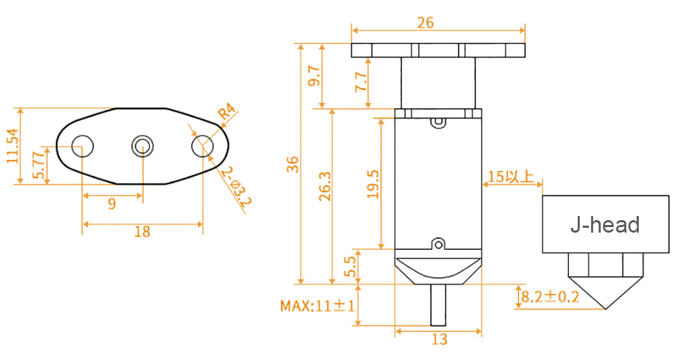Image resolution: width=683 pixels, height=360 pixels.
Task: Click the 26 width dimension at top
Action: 426,22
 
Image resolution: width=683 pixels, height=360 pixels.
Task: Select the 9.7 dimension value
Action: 313,75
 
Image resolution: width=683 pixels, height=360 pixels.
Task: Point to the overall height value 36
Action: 293,164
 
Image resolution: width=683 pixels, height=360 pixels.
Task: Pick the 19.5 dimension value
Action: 373,183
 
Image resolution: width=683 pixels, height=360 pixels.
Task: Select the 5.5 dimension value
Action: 350,266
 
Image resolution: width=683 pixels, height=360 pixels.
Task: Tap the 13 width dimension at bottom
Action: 439,339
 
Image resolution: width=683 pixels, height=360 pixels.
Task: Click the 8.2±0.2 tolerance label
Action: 550,298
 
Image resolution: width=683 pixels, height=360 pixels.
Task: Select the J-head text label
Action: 605,224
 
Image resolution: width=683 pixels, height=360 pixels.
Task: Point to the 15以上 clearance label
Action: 510,177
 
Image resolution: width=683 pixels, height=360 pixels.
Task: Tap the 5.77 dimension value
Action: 39,166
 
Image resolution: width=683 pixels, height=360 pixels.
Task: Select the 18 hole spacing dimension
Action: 142,232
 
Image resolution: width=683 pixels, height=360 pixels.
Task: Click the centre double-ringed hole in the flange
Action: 143,146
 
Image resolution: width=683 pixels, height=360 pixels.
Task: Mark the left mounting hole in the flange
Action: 83,146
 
